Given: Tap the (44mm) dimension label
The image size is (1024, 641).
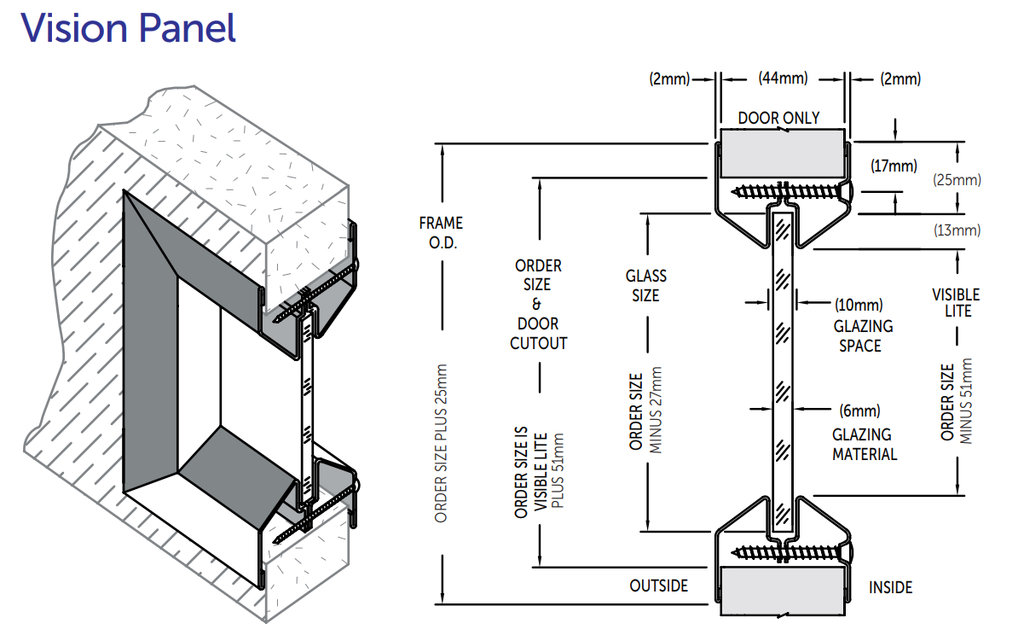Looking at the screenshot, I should tap(783, 79).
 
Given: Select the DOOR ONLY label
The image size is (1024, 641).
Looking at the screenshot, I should tap(778, 118).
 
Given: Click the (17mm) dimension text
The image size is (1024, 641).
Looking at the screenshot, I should tap(893, 166).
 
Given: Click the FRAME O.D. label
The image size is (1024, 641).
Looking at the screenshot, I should tap(441, 232).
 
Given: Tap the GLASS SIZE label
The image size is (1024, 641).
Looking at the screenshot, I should tap(646, 286).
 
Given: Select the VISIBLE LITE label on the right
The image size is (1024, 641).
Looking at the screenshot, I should tap(956, 302).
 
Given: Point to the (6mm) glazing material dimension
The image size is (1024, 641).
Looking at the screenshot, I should tap(859, 411).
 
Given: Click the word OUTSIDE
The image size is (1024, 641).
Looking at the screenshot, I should tap(658, 586).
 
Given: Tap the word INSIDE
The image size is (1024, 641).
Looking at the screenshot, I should tap(890, 587).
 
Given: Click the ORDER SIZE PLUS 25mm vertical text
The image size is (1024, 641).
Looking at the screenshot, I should tap(441, 444).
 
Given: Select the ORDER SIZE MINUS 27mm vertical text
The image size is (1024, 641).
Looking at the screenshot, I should tap(645, 409).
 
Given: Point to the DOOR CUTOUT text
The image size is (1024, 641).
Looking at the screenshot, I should tap(539, 333).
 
